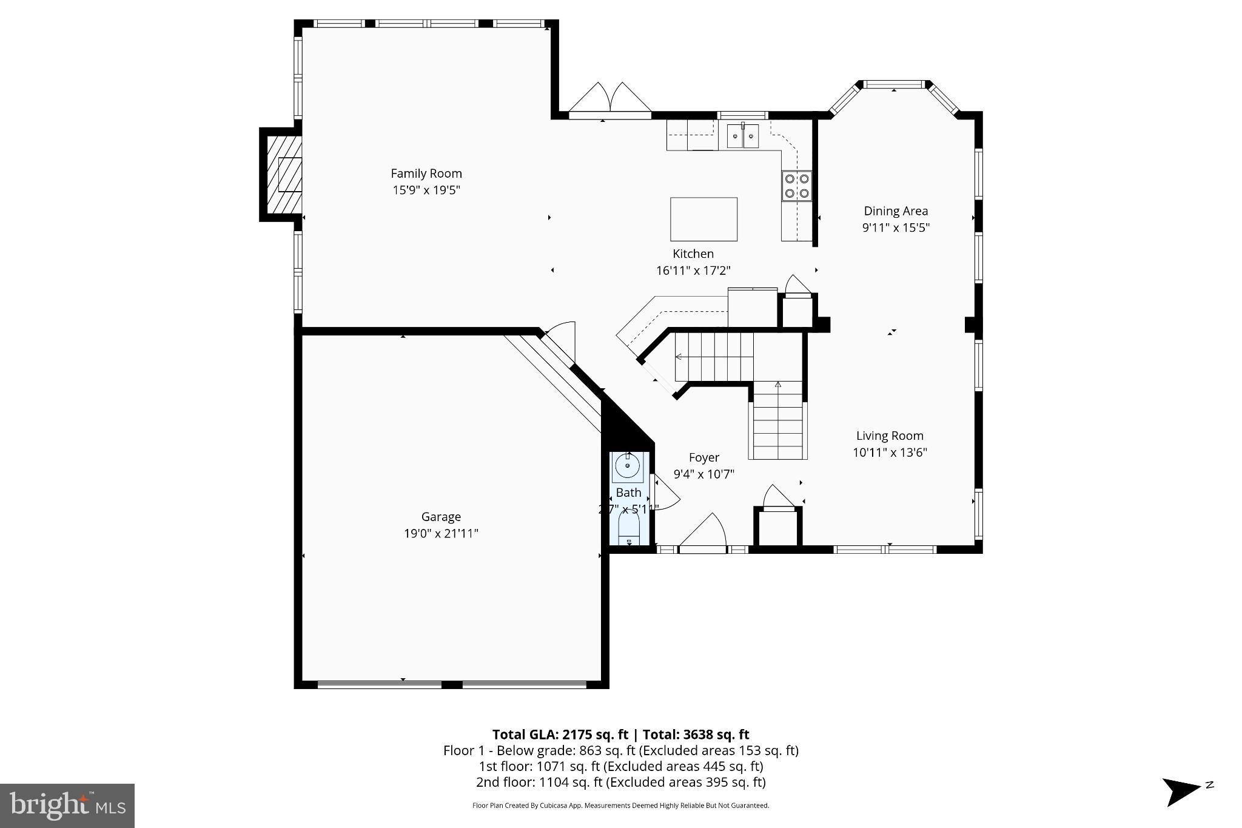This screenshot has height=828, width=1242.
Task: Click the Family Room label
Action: pos(426,173)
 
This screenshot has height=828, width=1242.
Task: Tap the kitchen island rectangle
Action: pos(703,219)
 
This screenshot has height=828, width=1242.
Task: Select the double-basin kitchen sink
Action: pos(743,135)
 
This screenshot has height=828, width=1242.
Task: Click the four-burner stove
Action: pos(797,186)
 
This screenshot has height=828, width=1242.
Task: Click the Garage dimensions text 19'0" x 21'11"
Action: pos(441,534)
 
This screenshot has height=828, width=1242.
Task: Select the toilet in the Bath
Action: pos(629,531)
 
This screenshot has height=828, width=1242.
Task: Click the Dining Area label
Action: pos(896,211)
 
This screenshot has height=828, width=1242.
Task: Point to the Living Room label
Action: pos(890,436)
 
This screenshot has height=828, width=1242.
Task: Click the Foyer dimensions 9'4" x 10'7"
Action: pos(703,474)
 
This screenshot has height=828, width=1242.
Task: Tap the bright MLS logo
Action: pos(67,806)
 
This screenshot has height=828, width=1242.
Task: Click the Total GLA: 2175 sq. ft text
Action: pos(559,735)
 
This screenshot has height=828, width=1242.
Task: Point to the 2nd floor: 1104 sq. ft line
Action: pos(620,782)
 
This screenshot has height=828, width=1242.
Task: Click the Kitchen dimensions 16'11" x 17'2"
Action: pos(693,271)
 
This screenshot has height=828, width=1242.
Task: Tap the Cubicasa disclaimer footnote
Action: pos(620,806)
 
